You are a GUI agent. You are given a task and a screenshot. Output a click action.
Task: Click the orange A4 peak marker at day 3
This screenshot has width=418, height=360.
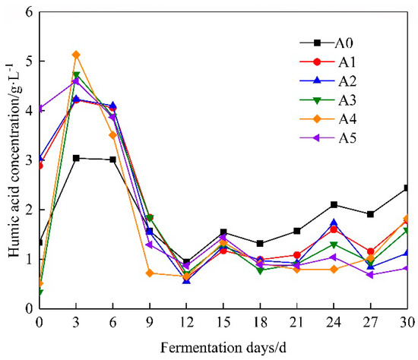click(76, 55)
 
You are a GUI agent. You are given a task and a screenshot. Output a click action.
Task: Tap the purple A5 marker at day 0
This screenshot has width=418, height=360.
click(39, 109)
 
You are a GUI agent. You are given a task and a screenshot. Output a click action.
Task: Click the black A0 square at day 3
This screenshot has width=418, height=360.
click(76, 158)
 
